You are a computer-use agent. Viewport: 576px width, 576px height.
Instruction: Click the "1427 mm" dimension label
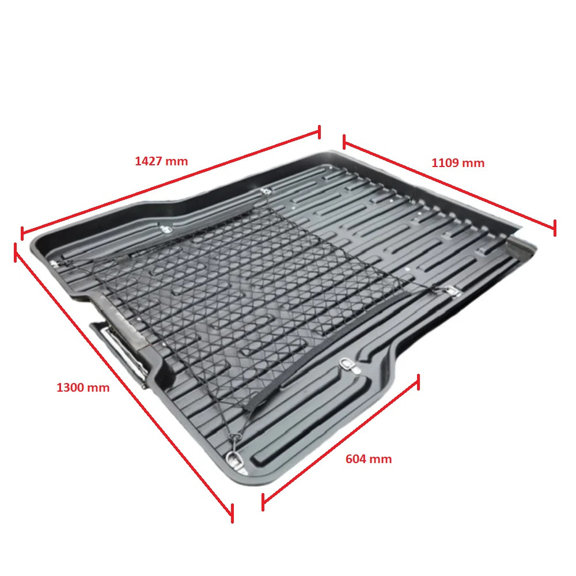(x=161, y=161)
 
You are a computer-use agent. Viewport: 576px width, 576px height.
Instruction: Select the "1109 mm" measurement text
(x=458, y=163)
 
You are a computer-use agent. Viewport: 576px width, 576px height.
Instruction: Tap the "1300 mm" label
(x=83, y=388)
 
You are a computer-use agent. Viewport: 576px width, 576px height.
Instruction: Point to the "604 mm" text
(x=369, y=459)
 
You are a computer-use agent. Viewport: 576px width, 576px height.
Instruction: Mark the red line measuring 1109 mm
(x=449, y=185)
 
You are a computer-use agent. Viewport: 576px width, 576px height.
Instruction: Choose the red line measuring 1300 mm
(x=123, y=382)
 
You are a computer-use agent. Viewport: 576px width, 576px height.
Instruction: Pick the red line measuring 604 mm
(x=340, y=442)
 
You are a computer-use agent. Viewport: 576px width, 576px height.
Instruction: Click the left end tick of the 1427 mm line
(x=22, y=233)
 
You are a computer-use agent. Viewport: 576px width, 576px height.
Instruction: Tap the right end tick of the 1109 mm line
(x=555, y=228)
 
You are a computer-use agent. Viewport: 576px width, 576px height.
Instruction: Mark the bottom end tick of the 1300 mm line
(x=232, y=513)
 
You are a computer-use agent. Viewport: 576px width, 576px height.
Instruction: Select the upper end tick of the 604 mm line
(x=418, y=382)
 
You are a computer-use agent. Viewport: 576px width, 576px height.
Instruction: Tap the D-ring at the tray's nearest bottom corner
(x=234, y=459)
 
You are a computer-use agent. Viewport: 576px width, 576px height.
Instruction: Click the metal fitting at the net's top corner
(x=265, y=191)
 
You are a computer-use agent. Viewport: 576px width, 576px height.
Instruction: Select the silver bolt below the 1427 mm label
(x=167, y=230)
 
